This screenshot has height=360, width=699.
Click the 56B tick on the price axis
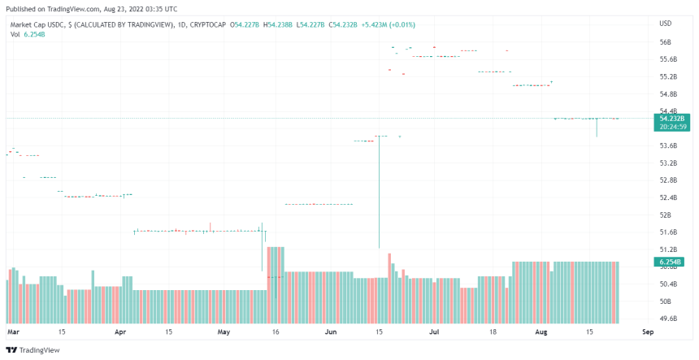point(665,42)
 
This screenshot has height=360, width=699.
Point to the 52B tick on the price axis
point(665,215)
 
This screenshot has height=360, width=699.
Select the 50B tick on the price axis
point(665,301)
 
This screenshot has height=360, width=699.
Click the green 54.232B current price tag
point(673,118)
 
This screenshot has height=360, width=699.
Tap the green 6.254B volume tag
point(671,262)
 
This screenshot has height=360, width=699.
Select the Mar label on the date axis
point(12,332)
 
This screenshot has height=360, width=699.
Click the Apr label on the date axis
point(120,332)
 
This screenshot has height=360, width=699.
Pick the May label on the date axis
point(224,332)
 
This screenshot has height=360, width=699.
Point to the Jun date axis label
point(331,332)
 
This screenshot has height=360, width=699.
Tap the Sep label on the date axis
point(648,332)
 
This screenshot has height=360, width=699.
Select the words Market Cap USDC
point(36,25)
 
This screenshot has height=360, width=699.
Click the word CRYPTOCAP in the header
point(206,25)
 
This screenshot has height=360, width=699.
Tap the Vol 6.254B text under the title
point(27,34)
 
